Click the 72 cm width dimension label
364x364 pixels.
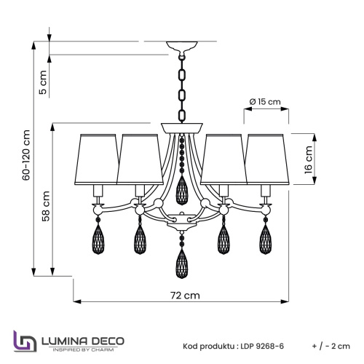pyautogui.click(x=182, y=296)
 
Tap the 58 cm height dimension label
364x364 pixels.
pyautogui.click(x=46, y=205)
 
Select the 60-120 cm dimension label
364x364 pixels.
pyautogui.click(x=27, y=155)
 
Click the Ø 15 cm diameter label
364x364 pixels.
pyautogui.click(x=264, y=102)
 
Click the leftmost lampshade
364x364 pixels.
pyautogui.click(x=98, y=158)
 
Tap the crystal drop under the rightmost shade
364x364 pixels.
pyautogui.click(x=266, y=236)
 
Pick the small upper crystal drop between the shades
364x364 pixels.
pyautogui.click(x=183, y=191)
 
